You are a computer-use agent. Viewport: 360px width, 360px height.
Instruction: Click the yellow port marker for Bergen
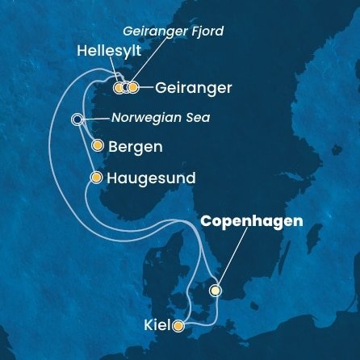tap(98, 146)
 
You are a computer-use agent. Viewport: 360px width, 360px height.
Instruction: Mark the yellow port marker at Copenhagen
tap(216, 291)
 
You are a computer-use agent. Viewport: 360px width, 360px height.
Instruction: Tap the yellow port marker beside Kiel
tap(178, 326)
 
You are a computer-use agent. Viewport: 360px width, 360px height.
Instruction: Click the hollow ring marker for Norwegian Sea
tap(77, 119)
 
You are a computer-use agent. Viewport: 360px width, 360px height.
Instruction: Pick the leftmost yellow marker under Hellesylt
tap(119, 87)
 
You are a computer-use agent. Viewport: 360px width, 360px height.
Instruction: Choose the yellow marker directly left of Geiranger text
tap(134, 87)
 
